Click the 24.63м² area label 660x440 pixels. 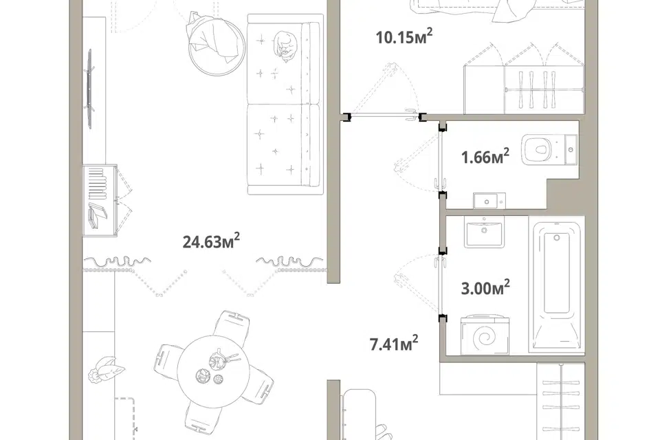pyautogui.click(x=211, y=241)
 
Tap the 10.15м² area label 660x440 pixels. pyautogui.click(x=404, y=36)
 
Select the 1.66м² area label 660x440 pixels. pyautogui.click(x=485, y=156)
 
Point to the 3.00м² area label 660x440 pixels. pyautogui.click(x=485, y=288)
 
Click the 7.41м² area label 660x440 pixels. pyautogui.click(x=393, y=344)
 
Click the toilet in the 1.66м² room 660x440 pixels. pyautogui.click(x=550, y=149)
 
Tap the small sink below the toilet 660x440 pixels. pyautogui.click(x=489, y=201)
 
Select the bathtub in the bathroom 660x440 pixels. pyautogui.click(x=557, y=283)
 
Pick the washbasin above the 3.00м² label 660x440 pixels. pyautogui.click(x=484, y=232)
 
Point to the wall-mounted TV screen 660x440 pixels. pyautogui.click(x=89, y=87)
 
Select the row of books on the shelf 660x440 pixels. pyautogui.click(x=96, y=184)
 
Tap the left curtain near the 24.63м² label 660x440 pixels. pyautogui.click(x=117, y=263)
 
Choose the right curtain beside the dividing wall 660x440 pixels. pyautogui.click(x=290, y=263)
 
